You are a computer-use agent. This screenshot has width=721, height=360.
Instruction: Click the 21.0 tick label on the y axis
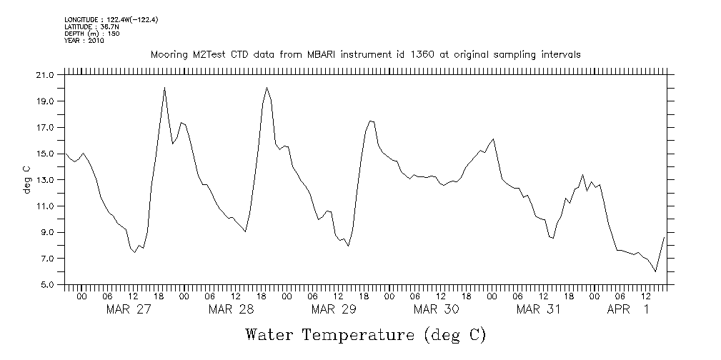(x=44, y=75)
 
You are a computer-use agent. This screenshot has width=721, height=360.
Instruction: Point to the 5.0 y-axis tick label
(x=46, y=285)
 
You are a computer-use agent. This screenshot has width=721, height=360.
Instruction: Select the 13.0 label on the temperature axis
(x=44, y=180)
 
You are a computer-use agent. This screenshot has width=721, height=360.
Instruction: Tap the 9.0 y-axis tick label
(x=46, y=233)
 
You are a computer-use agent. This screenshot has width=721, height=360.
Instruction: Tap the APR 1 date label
(x=628, y=309)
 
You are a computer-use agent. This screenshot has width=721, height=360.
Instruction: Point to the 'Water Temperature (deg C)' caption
(x=365, y=334)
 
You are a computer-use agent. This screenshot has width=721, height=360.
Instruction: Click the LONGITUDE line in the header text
(x=111, y=19)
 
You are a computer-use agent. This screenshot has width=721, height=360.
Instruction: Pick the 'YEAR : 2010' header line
(x=84, y=41)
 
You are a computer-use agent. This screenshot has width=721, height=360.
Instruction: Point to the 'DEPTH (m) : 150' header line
(x=92, y=34)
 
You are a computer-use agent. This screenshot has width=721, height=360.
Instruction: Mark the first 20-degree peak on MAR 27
(x=164, y=88)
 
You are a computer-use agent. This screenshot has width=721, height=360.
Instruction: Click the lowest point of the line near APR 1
(x=655, y=271)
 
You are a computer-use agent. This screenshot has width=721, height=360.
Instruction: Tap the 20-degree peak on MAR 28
(x=267, y=88)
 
